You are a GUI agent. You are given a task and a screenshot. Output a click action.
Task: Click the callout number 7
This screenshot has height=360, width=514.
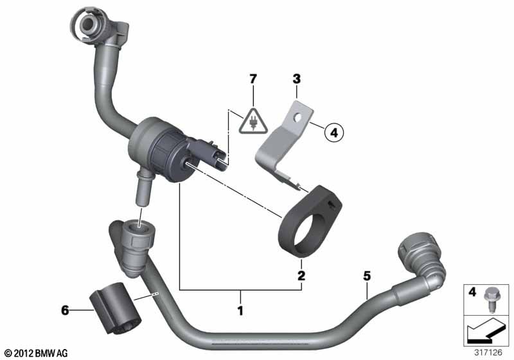pyautogui.click(x=253, y=79)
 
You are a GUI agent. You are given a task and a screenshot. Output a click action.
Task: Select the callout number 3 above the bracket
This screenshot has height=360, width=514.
pyautogui.click(x=296, y=79)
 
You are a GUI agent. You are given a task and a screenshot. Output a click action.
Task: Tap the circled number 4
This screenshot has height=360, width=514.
pyautogui.click(x=333, y=132)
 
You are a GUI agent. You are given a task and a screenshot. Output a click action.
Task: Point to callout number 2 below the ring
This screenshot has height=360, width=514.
pyautogui.click(x=301, y=275)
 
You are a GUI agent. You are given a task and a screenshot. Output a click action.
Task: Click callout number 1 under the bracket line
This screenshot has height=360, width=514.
pyautogui.click(x=240, y=310)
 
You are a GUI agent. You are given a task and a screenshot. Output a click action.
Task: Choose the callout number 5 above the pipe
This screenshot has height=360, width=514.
pyautogui.click(x=367, y=276)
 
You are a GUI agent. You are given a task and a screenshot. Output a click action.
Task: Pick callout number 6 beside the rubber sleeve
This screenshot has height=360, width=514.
pyautogui.click(x=66, y=310)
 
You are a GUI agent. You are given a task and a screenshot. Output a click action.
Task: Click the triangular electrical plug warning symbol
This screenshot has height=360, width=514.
pyautogui.click(x=253, y=122)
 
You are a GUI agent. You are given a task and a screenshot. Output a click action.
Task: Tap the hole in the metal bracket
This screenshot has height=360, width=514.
pyautogui.click(x=297, y=117)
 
